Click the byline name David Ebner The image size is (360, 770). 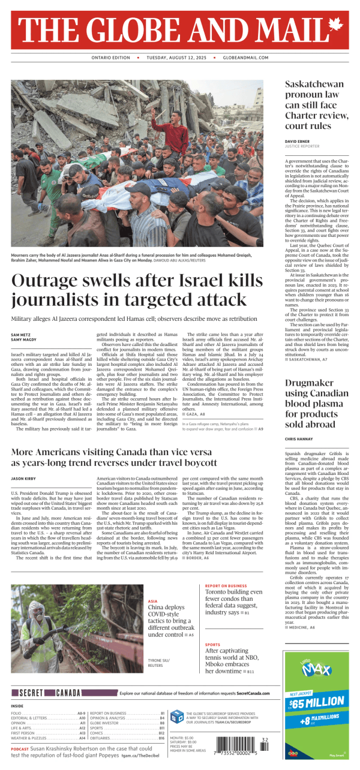click(297, 141)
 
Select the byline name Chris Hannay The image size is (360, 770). click(300, 439)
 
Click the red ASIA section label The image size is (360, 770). click(152, 601)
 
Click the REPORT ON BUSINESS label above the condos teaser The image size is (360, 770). click(226, 585)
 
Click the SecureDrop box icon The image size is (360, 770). click(177, 716)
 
